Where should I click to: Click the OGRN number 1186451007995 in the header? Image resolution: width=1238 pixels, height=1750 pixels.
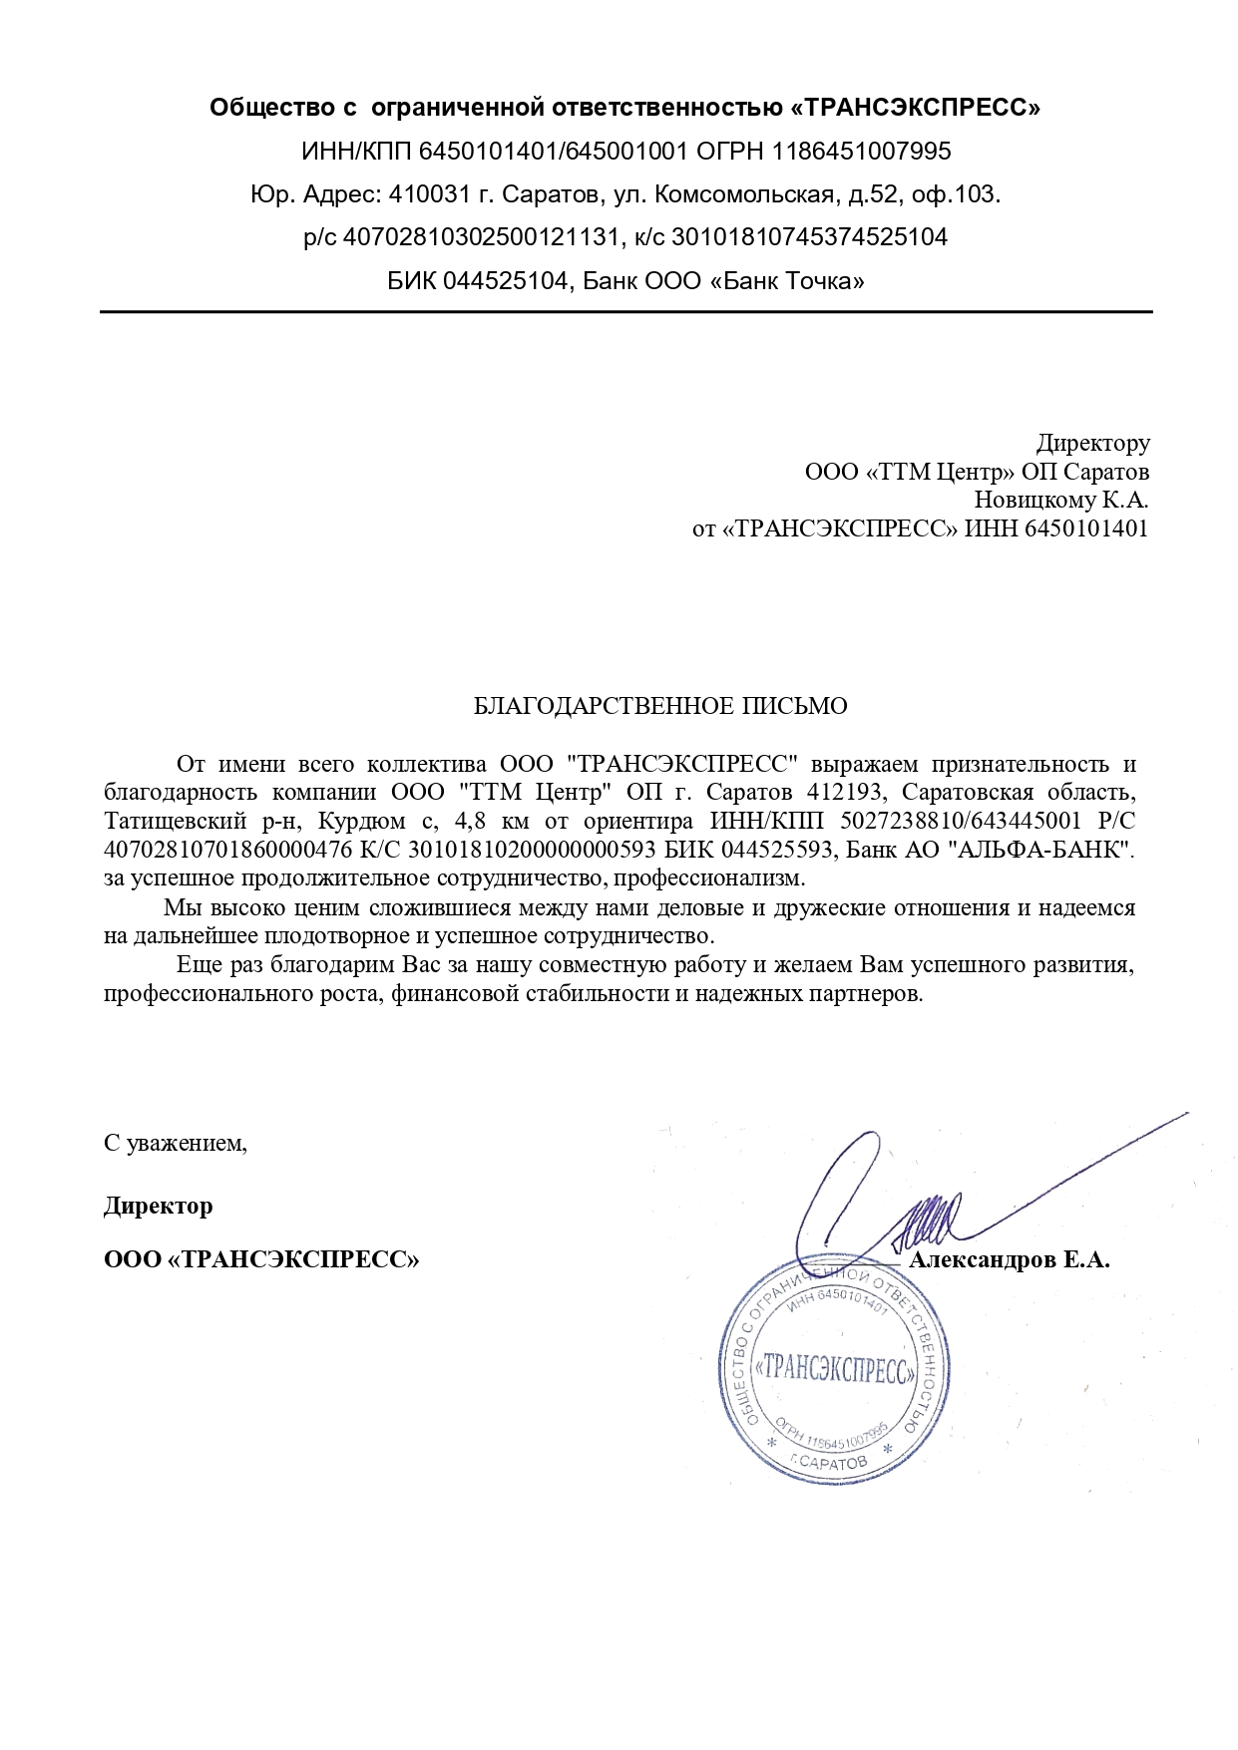(857, 152)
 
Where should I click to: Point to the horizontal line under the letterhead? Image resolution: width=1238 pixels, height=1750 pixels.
(625, 312)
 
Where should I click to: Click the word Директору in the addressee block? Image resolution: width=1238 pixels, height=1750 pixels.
(1092, 442)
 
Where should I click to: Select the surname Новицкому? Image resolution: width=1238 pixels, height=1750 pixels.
(1036, 499)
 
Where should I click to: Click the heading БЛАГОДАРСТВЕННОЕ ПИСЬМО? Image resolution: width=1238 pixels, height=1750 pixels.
(659, 707)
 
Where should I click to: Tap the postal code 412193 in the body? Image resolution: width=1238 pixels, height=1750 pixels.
(839, 794)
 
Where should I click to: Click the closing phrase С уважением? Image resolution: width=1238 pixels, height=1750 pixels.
(176, 1143)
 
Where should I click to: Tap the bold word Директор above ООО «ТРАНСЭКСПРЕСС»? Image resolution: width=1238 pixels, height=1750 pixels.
(158, 1206)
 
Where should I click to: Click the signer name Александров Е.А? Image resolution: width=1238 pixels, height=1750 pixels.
(1010, 1260)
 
